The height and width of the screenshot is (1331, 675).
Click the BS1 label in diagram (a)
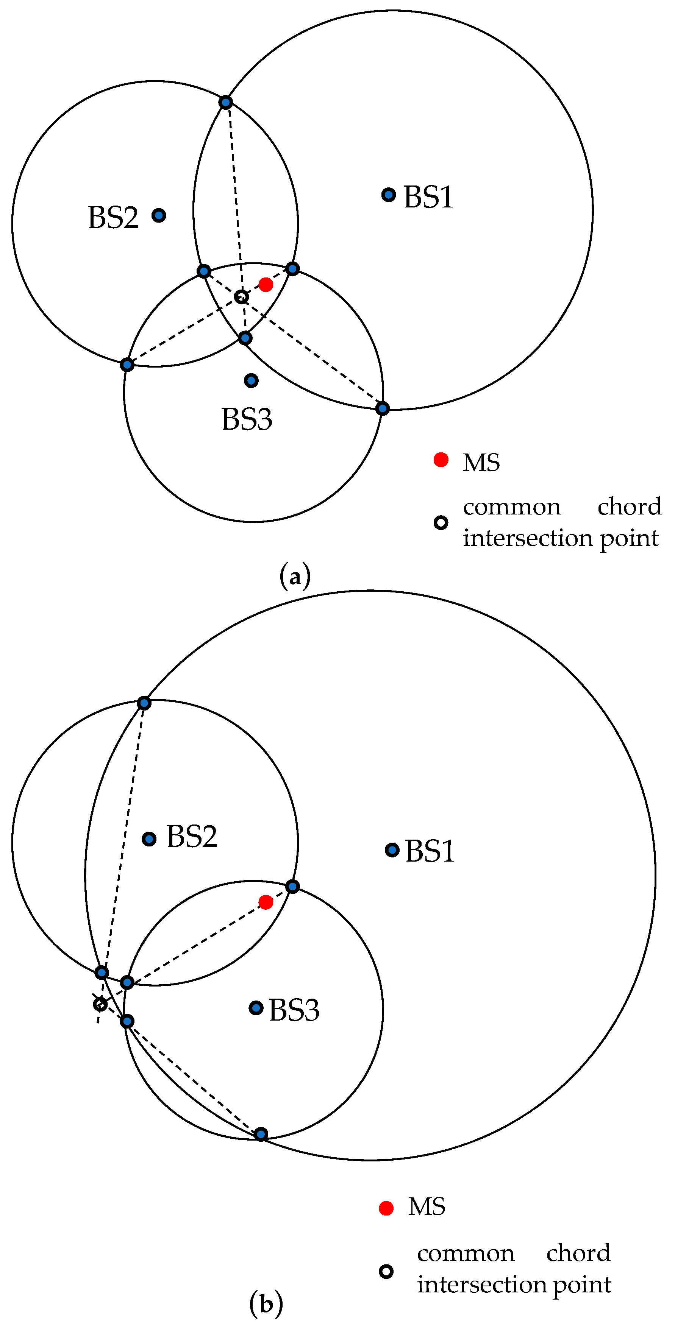(428, 197)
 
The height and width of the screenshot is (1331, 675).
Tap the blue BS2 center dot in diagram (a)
(159, 215)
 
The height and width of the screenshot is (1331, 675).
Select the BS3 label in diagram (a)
(247, 419)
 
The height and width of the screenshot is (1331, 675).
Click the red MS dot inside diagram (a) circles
(266, 285)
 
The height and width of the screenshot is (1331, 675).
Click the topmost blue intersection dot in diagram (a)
(225, 102)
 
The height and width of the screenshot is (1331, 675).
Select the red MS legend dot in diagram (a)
(441, 459)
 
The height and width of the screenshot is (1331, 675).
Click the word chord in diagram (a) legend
(629, 507)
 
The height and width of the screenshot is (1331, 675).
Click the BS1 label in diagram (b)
(430, 851)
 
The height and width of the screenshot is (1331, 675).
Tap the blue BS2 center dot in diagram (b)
(149, 839)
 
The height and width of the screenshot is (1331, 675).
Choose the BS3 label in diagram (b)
(294, 1010)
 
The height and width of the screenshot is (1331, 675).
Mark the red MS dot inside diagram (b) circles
(266, 902)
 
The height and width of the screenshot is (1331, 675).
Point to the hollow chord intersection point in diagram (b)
(100, 1004)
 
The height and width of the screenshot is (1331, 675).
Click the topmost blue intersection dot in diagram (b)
(144, 703)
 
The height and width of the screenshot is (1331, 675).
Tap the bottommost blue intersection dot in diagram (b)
(261, 1135)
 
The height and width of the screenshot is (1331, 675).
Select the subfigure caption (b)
(266, 1304)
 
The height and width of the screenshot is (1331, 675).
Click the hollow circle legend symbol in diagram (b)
(386, 1271)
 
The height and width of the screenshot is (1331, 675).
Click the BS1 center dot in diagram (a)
(389, 195)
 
